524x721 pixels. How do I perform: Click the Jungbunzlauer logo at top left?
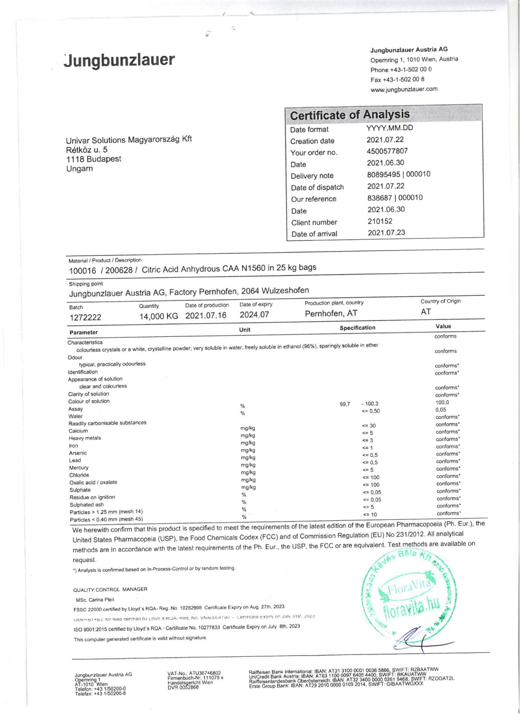coord(120,60)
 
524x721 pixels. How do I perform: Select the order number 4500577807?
coord(387,151)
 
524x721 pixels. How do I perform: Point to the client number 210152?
coord(380,221)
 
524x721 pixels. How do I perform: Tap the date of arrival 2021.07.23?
coord(387,233)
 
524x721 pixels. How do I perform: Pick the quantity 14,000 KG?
coord(158,316)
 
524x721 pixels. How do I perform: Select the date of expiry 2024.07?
coord(254,315)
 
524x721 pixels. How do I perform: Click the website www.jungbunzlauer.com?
coord(403,89)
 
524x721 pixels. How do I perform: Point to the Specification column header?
coord(357,328)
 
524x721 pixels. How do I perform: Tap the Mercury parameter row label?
coord(79,468)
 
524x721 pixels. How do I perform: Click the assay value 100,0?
coord(442,402)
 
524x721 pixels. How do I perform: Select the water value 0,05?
coord(441,410)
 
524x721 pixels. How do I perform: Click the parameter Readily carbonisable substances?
coord(107,423)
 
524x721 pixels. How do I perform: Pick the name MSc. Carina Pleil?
coord(95,600)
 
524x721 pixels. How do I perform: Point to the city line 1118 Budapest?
coord(93,159)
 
